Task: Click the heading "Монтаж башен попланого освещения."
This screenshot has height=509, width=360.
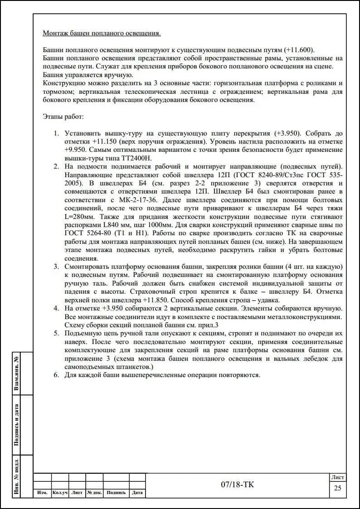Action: click(x=101, y=34)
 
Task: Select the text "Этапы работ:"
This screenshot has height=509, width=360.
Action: click(x=63, y=117)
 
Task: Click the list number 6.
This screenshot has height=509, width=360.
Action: click(x=57, y=375)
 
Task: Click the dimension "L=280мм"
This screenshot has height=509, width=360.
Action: click(x=80, y=216)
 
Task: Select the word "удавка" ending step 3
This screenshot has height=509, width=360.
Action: click(x=268, y=300)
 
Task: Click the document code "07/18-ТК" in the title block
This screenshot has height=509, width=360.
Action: click(x=238, y=485)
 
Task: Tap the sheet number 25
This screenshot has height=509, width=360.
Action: click(x=337, y=488)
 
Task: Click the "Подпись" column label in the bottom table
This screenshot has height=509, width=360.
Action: click(x=116, y=493)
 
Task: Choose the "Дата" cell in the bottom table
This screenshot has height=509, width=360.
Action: click(x=137, y=493)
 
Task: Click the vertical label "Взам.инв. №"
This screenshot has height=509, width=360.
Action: click(x=17, y=372)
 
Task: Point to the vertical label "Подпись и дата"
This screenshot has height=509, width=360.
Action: click(x=17, y=425)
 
